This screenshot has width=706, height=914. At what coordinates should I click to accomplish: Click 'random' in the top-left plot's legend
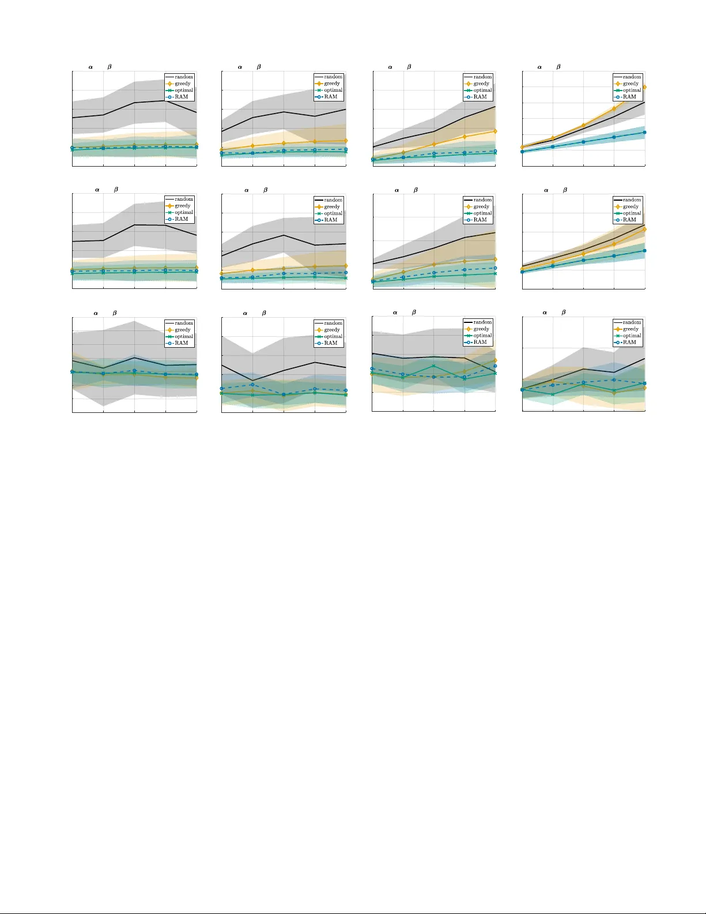(x=184, y=77)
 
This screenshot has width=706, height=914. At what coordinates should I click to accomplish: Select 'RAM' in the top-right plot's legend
(x=629, y=97)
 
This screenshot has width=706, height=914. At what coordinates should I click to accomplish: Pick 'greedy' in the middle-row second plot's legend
(x=331, y=206)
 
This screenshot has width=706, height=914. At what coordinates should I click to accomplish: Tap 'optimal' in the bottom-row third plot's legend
(x=482, y=336)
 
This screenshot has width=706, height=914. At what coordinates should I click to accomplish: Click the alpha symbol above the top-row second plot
(x=240, y=67)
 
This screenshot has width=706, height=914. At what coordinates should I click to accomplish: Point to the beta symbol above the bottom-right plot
(x=563, y=312)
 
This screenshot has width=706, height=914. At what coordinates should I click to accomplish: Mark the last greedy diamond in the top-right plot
(x=644, y=87)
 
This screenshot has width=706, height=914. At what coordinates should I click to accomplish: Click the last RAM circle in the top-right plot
(x=644, y=133)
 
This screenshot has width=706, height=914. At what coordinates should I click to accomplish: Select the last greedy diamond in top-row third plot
(x=495, y=131)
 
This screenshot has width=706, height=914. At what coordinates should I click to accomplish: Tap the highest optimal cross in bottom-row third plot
(x=433, y=366)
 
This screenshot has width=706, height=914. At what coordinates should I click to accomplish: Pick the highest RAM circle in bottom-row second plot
(x=252, y=385)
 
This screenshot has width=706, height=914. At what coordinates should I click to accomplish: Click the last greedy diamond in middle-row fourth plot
(x=644, y=230)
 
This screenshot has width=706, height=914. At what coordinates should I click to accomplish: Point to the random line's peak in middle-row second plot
(x=284, y=235)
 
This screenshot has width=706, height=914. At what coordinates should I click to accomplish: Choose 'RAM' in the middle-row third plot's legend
(x=480, y=220)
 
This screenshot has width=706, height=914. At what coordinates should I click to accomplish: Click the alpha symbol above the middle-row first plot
(x=97, y=190)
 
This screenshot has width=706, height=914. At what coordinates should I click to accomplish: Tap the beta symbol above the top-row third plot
(x=409, y=67)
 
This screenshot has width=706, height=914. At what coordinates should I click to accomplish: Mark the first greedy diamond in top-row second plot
(x=222, y=150)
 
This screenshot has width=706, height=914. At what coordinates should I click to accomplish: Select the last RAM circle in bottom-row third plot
(x=495, y=366)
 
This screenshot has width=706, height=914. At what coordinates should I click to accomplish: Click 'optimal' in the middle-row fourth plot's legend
(x=632, y=213)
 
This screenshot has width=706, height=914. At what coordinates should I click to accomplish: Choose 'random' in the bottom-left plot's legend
(x=184, y=323)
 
